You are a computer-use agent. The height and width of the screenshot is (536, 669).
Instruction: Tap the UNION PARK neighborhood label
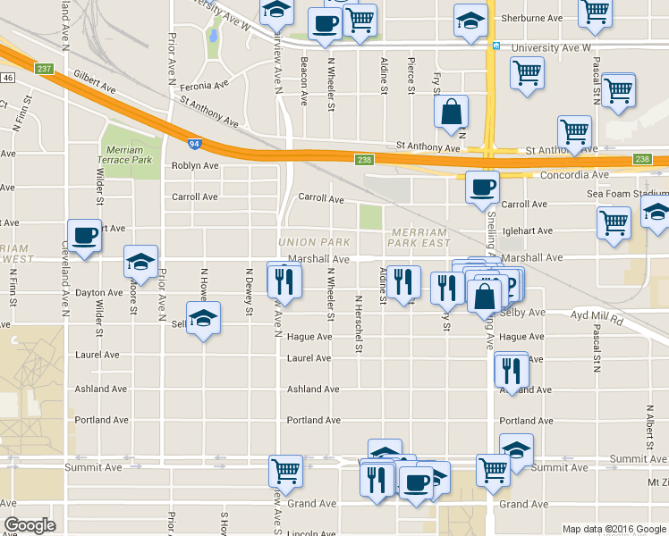click(314, 242)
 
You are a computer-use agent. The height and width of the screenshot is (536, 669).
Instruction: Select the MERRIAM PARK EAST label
click(419, 237)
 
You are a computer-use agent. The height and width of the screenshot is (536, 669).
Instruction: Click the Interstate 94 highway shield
click(195, 143)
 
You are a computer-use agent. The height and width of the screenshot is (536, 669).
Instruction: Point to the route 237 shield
click(44, 68)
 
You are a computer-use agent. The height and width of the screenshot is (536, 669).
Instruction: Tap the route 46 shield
click(7, 79)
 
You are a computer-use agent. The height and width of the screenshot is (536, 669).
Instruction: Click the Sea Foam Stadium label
click(627, 194)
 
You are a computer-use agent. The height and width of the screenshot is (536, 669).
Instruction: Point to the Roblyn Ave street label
click(195, 166)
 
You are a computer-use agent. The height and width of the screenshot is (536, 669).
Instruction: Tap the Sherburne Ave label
click(531, 18)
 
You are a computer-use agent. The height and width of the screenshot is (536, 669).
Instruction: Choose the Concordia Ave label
click(574, 175)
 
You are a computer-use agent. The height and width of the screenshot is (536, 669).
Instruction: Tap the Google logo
click(30, 525)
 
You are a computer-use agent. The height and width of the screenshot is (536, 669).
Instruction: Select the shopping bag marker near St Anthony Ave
click(452, 113)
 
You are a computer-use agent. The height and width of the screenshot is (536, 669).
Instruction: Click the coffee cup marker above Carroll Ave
click(483, 188)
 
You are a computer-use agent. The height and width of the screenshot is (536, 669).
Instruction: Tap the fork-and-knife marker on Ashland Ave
click(511, 367)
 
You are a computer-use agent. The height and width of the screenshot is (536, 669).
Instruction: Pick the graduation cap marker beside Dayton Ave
click(140, 262)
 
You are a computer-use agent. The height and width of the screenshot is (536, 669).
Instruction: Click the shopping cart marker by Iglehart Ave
click(614, 222)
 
